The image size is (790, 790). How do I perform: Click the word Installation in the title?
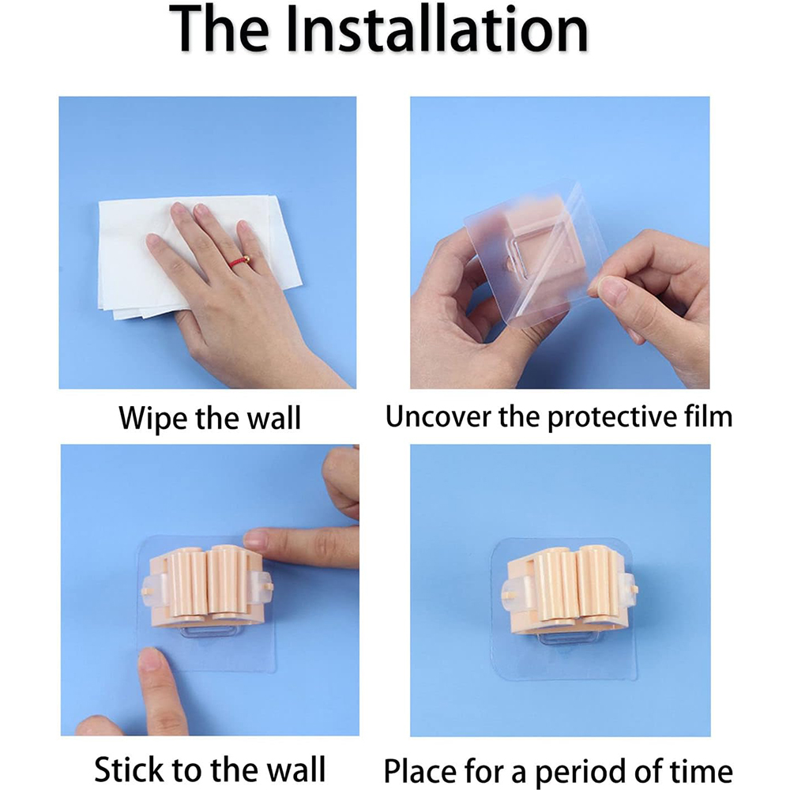tap(437, 28)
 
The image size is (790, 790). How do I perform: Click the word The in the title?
tap(219, 28)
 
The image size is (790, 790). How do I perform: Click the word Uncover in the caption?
tap(438, 417)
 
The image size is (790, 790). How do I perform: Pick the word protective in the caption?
tap(612, 418)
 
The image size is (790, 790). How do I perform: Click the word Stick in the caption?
tap(129, 769)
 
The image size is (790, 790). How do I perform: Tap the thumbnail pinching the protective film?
tap(612, 288)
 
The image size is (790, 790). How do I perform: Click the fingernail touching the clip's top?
tap(256, 538)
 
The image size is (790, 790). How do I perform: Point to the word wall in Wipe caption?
tap(276, 418)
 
